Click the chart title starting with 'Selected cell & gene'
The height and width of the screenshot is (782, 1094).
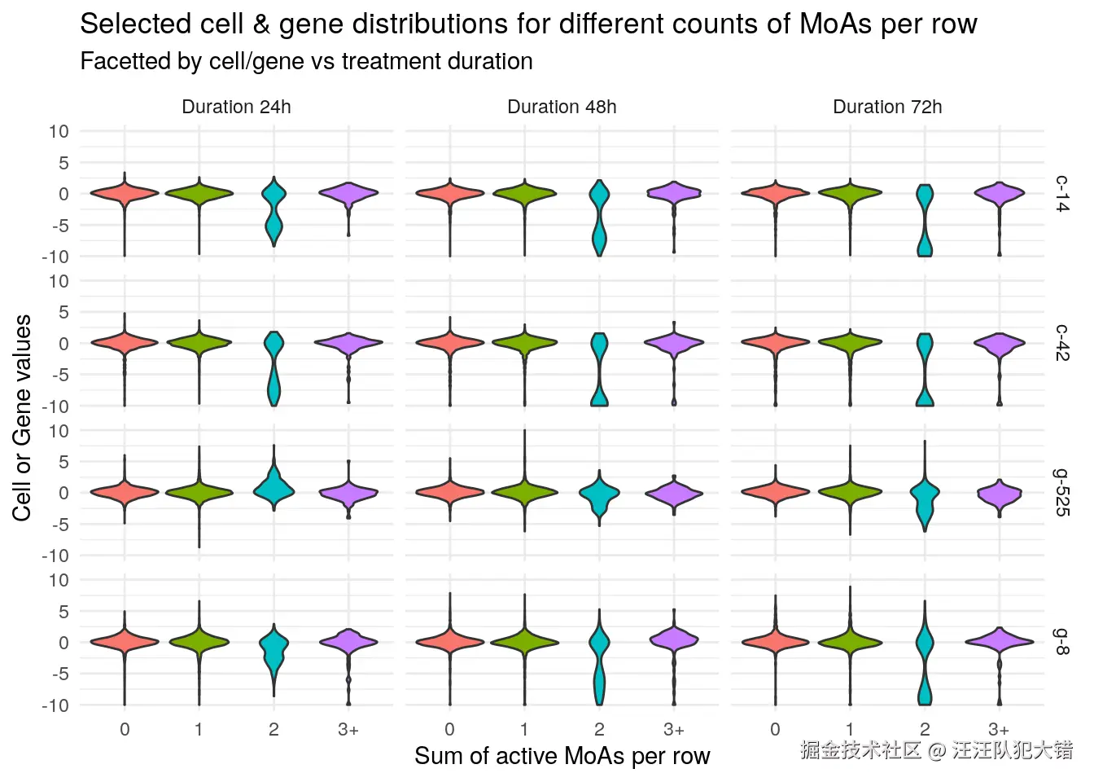point(527,24)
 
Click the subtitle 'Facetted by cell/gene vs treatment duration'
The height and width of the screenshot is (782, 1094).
point(306,62)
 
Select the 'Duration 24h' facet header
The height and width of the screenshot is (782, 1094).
point(236,107)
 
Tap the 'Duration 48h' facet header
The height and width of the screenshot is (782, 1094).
point(562,107)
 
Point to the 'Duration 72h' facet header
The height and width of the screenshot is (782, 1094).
point(887,107)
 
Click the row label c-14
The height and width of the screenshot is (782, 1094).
point(1062,194)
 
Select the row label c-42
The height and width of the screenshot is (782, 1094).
point(1062,343)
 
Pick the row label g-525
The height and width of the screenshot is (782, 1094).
point(1062,492)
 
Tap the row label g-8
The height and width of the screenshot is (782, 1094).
point(1062,642)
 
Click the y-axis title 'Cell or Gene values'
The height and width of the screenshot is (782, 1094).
point(22,417)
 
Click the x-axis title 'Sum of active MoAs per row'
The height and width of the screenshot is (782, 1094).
point(562,756)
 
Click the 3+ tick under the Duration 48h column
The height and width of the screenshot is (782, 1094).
point(674,730)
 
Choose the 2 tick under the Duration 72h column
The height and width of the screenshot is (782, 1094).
point(925,730)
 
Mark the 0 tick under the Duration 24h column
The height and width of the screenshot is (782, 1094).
point(125,730)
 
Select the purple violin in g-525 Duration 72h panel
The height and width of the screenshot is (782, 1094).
point(999,494)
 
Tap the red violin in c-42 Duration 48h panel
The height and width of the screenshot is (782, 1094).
point(450,343)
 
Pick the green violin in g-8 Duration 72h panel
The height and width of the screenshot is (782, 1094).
point(850,642)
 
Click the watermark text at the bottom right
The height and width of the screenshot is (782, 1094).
point(936,750)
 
